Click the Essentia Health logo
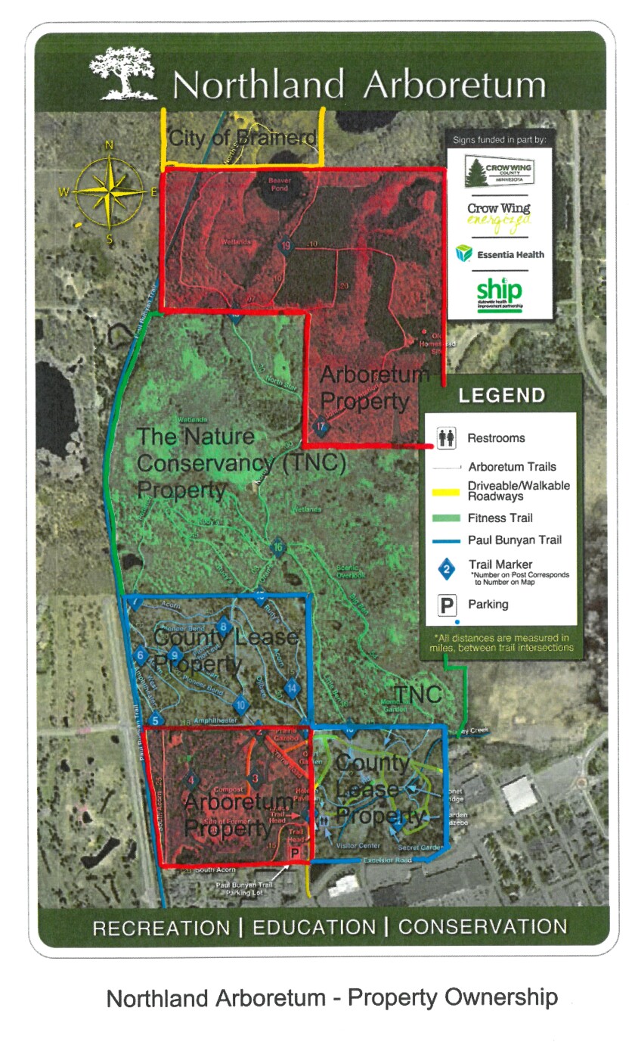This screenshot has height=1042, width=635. pos(500,254)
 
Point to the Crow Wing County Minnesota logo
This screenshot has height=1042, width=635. pos(499,172)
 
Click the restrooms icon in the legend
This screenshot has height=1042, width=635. pos(446,437)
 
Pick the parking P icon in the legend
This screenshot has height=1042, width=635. pos(447,605)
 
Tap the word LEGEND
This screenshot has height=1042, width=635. pos(501,395)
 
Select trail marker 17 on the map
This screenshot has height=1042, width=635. pos(321,426)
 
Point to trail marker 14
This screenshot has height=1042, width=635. pos(293,689)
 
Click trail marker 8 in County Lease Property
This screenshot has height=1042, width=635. pos(223,627)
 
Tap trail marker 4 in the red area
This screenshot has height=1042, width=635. pos(191,780)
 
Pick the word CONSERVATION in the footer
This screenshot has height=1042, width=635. pos(482,927)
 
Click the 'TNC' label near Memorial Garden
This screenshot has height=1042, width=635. pos(417,694)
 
